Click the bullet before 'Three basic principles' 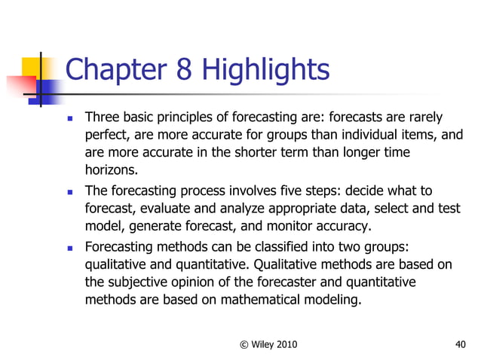(x=70, y=119)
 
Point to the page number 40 (x=461, y=345)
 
